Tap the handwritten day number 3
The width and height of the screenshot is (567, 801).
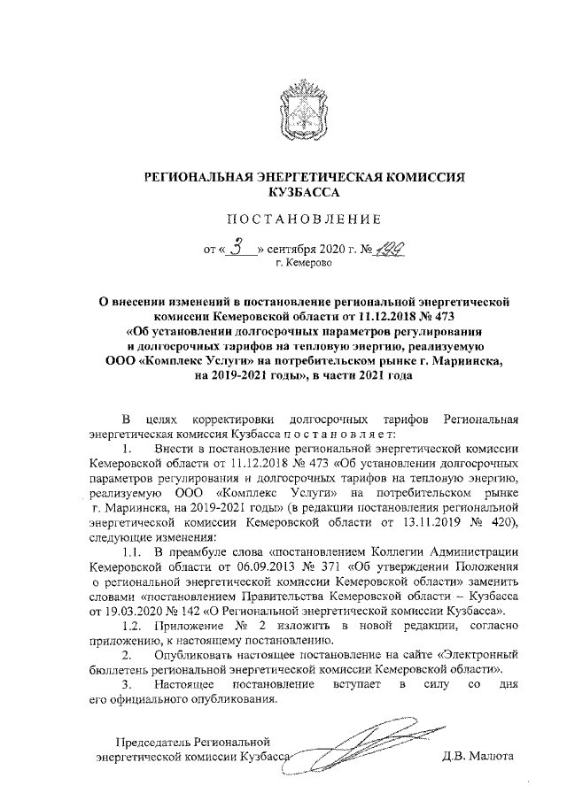tap(237, 248)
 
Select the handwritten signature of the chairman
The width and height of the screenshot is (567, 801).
tap(354, 743)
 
